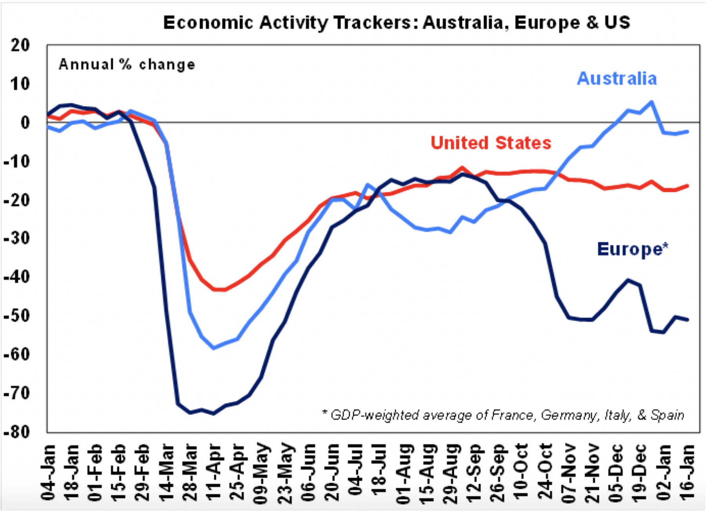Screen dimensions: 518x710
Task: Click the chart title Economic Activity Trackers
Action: (x=396, y=23)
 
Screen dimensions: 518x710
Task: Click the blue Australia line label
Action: (x=617, y=78)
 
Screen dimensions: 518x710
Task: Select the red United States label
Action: (x=491, y=143)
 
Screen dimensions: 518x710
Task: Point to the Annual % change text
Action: (x=127, y=64)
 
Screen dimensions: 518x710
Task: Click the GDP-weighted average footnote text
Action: (x=503, y=415)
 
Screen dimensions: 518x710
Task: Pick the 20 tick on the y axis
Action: (x=20, y=46)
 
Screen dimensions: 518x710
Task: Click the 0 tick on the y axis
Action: (x=25, y=123)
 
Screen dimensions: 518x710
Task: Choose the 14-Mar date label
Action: (x=166, y=473)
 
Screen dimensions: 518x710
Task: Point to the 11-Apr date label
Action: (x=213, y=473)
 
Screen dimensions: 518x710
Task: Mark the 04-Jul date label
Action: (x=355, y=473)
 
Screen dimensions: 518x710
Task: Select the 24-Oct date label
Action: (x=545, y=473)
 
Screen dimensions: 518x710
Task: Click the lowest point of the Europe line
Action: (x=213, y=413)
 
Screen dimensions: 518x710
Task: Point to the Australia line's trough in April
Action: (x=213, y=348)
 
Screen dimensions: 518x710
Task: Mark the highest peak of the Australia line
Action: (x=652, y=102)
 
